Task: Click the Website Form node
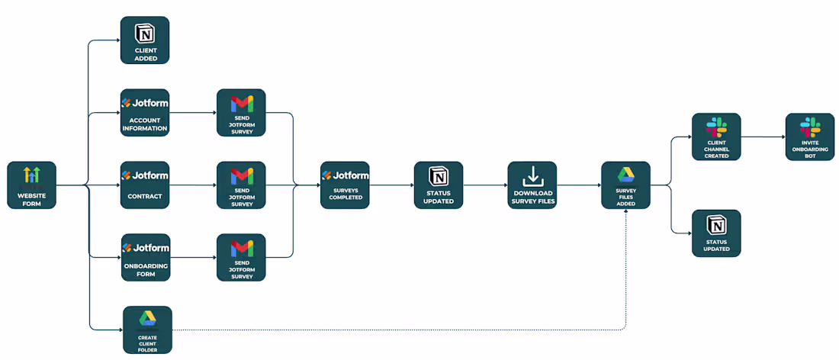[31, 185]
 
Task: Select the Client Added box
[145, 40]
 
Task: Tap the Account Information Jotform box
[145, 113]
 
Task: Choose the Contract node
[145, 185]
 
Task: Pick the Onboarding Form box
[145, 257]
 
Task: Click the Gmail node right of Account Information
[241, 113]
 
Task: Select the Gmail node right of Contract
[241, 185]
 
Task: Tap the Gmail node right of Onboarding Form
[241, 257]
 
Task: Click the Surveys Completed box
[345, 185]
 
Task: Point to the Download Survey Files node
[532, 185]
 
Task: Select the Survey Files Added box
[625, 185]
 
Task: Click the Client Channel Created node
[716, 137]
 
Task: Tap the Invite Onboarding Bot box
[810, 137]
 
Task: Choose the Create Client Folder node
[147, 329]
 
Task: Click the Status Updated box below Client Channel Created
[716, 233]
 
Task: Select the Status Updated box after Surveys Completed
[439, 185]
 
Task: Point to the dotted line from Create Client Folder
[397, 330]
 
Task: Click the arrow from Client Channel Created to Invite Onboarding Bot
[763, 137]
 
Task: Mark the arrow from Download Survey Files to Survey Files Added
[579, 185]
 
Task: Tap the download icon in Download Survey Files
[532, 176]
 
